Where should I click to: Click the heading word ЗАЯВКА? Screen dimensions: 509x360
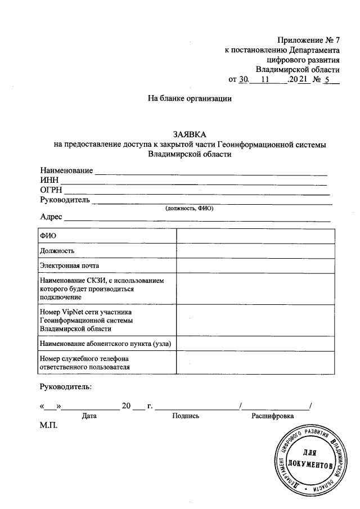(x=190, y=134)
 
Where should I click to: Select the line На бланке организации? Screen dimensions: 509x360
(x=190, y=98)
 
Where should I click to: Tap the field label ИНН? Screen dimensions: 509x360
(x=49, y=180)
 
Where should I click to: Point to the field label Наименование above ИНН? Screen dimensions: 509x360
(x=66, y=170)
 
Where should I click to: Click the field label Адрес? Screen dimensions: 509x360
(x=51, y=217)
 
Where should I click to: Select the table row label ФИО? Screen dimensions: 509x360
(x=47, y=236)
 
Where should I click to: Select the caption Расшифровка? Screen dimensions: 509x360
(x=273, y=416)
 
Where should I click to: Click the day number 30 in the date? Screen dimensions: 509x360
(x=243, y=80)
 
